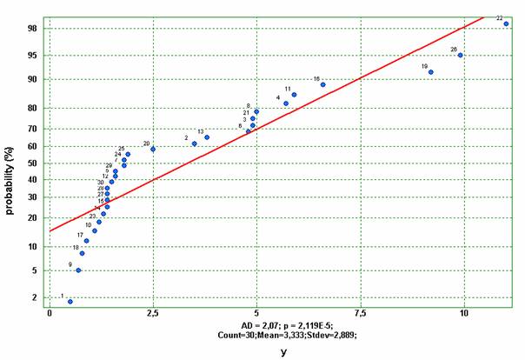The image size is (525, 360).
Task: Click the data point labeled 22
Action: click(506, 23)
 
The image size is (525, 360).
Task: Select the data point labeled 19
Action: click(430, 72)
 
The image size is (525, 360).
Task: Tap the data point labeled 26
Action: click(461, 56)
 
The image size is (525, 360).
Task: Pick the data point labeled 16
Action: click(322, 84)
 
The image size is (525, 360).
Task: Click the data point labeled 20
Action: click(153, 149)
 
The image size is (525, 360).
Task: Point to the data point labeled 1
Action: click(70, 301)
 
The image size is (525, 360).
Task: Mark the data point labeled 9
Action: click(78, 270)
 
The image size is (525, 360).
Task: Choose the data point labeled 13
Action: click(206, 137)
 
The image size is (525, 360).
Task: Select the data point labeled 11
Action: click(294, 95)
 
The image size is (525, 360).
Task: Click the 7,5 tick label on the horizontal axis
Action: click(360, 312)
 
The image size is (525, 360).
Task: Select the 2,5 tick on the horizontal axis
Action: click(153, 312)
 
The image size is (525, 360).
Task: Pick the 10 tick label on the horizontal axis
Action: click(463, 312)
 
